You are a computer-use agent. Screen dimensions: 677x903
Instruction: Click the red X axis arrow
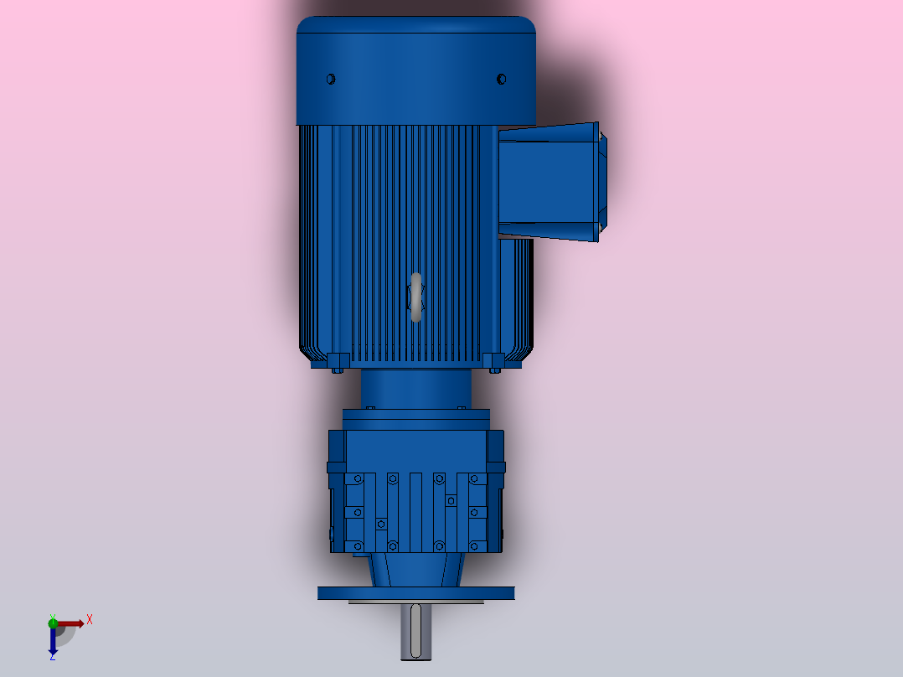(x=71, y=623)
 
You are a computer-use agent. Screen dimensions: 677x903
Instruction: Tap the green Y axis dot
(x=53, y=621)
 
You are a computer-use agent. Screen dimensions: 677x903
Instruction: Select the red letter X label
(x=90, y=619)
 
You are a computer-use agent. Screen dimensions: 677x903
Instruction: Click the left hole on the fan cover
(x=330, y=80)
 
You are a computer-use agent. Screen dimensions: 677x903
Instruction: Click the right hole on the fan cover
(x=501, y=80)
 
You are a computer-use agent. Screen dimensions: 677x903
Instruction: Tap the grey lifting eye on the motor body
(x=415, y=297)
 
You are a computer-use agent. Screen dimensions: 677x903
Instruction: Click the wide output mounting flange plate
(x=415, y=592)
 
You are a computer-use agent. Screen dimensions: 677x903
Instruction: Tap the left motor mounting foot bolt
(x=338, y=364)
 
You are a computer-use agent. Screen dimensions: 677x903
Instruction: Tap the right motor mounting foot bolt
(x=493, y=364)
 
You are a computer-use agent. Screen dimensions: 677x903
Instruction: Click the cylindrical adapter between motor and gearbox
(x=415, y=388)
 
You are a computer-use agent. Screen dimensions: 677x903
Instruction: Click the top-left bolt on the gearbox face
(x=358, y=478)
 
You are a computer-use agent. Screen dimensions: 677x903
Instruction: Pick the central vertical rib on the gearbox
(x=415, y=511)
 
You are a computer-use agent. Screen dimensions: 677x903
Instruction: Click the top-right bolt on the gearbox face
(x=474, y=478)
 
